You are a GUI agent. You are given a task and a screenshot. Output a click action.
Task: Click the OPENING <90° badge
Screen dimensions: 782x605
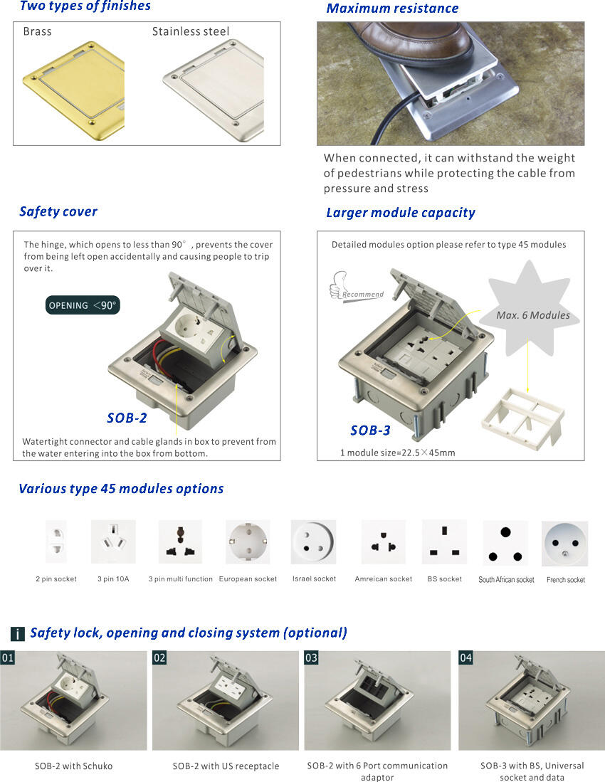pos(83,305)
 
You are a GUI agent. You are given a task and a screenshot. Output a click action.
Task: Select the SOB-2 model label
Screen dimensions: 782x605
pos(127,418)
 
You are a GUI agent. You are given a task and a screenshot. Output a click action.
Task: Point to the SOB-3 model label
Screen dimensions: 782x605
pos(370,430)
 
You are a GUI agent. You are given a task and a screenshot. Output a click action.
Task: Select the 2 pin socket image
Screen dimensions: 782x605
pos(56,541)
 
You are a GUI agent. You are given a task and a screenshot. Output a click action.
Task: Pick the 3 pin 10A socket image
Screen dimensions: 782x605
pos(113,541)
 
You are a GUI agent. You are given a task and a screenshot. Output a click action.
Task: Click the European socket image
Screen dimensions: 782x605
pos(248,541)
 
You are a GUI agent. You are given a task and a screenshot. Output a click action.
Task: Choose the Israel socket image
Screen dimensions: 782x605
pos(313,541)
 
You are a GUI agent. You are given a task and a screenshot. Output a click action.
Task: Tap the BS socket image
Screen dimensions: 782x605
pos(444,541)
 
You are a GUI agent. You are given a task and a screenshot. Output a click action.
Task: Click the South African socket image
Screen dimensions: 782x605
pos(505,543)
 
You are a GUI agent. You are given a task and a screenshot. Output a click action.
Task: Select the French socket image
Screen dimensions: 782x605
pos(565,544)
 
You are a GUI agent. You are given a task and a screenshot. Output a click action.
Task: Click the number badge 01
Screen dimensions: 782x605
pos(8,657)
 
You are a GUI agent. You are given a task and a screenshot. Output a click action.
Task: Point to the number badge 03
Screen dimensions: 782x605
pos(311,657)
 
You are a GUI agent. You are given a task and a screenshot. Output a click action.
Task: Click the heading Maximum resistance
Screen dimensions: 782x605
pos(392,9)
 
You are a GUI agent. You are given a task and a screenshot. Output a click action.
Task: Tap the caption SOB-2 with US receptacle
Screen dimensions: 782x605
pos(226,766)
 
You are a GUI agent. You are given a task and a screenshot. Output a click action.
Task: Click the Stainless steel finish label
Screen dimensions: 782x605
pos(191,32)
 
